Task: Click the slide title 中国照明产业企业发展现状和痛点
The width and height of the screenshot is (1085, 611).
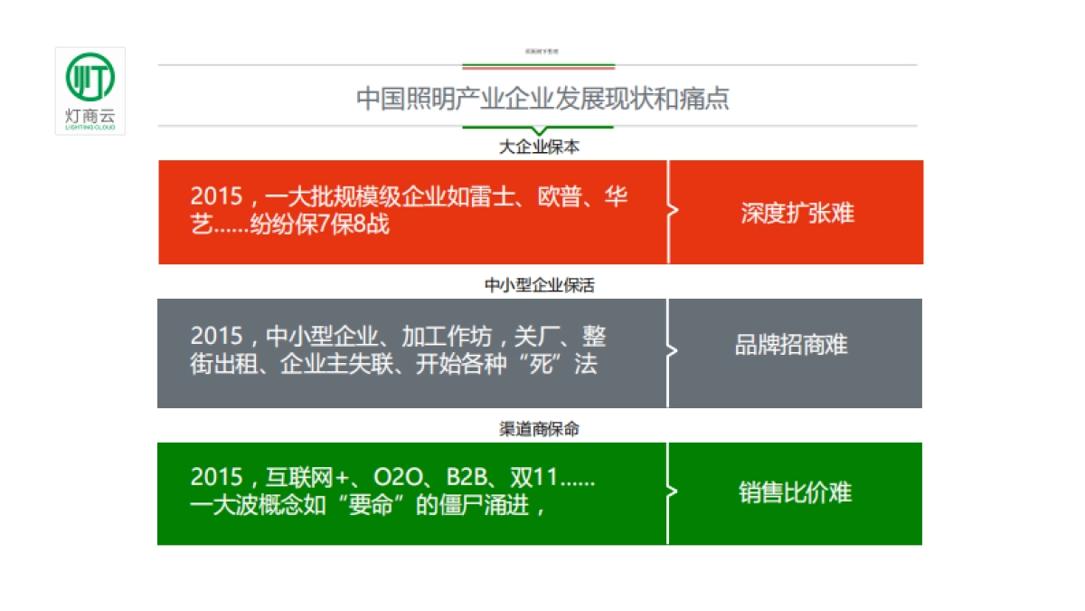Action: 542,98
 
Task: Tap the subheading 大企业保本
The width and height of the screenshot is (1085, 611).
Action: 539,146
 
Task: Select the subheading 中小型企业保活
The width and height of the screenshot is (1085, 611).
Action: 539,285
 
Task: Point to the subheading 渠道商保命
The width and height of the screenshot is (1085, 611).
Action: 539,429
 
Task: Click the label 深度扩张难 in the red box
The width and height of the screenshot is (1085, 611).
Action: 797,214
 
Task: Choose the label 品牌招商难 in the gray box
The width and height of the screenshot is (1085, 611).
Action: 791,346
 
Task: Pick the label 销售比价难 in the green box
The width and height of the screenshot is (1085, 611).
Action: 795,493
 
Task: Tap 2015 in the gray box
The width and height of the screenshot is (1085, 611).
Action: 217,337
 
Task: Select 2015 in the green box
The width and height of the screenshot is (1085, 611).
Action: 217,478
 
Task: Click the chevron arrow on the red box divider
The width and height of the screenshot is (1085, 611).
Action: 672,212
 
